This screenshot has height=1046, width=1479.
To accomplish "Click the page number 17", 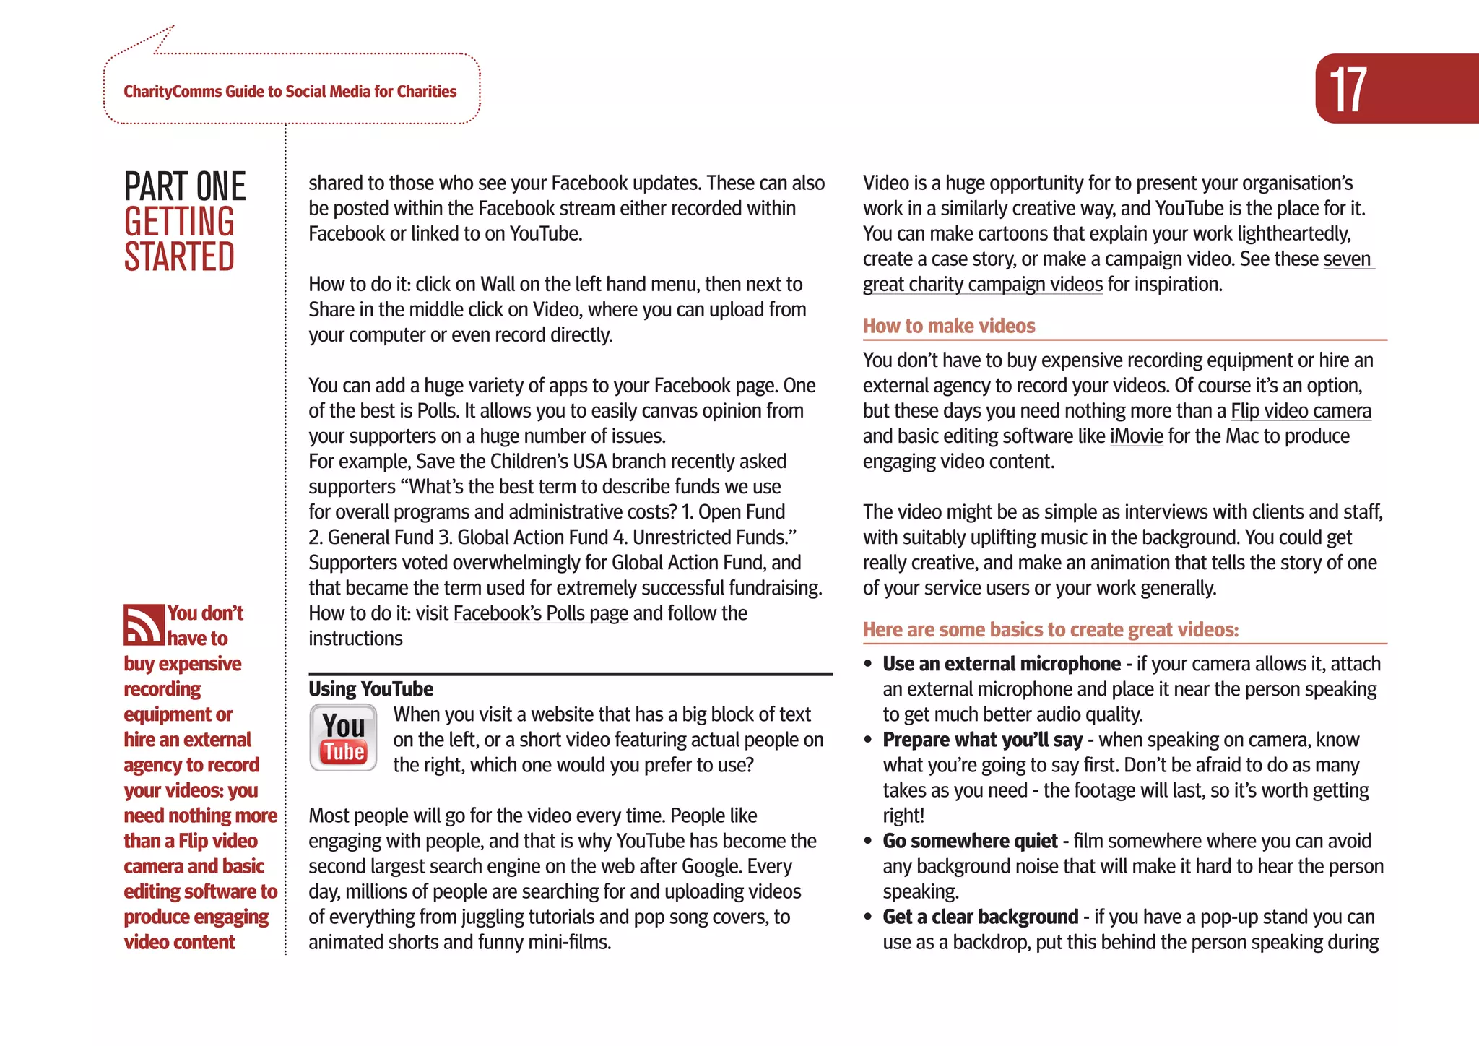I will [x=1348, y=90].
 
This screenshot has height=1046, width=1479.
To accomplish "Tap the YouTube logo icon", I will [x=344, y=738].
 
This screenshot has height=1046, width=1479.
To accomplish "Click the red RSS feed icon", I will [x=144, y=625].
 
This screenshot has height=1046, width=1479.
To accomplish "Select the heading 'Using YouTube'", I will [x=370, y=689].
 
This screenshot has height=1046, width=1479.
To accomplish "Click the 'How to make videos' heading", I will [x=949, y=326].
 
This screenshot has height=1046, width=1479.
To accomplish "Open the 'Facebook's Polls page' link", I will [x=540, y=613].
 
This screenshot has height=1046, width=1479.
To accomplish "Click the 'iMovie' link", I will [x=1136, y=436].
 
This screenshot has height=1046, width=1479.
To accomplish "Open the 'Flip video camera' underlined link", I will [x=1301, y=411].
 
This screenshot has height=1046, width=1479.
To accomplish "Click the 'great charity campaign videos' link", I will [x=982, y=285].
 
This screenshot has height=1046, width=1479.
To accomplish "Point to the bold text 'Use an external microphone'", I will [x=1001, y=664].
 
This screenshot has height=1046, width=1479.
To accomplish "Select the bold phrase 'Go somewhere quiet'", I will [x=970, y=841].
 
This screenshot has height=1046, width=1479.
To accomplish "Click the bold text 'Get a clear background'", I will [x=980, y=917].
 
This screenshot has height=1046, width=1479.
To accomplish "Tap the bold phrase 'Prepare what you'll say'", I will [x=982, y=740].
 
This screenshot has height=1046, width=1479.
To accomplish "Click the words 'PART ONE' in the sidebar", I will [x=185, y=186].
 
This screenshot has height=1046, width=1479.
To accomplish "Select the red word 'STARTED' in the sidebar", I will [x=179, y=257].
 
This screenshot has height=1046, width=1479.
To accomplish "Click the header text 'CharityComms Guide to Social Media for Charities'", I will [x=290, y=92].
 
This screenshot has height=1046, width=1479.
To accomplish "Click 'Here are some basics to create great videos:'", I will [x=1050, y=630].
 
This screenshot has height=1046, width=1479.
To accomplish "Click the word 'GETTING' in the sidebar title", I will [x=179, y=222].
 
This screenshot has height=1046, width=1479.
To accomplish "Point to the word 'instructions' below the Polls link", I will [x=355, y=639].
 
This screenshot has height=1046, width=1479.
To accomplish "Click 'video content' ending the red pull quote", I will [x=179, y=942].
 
